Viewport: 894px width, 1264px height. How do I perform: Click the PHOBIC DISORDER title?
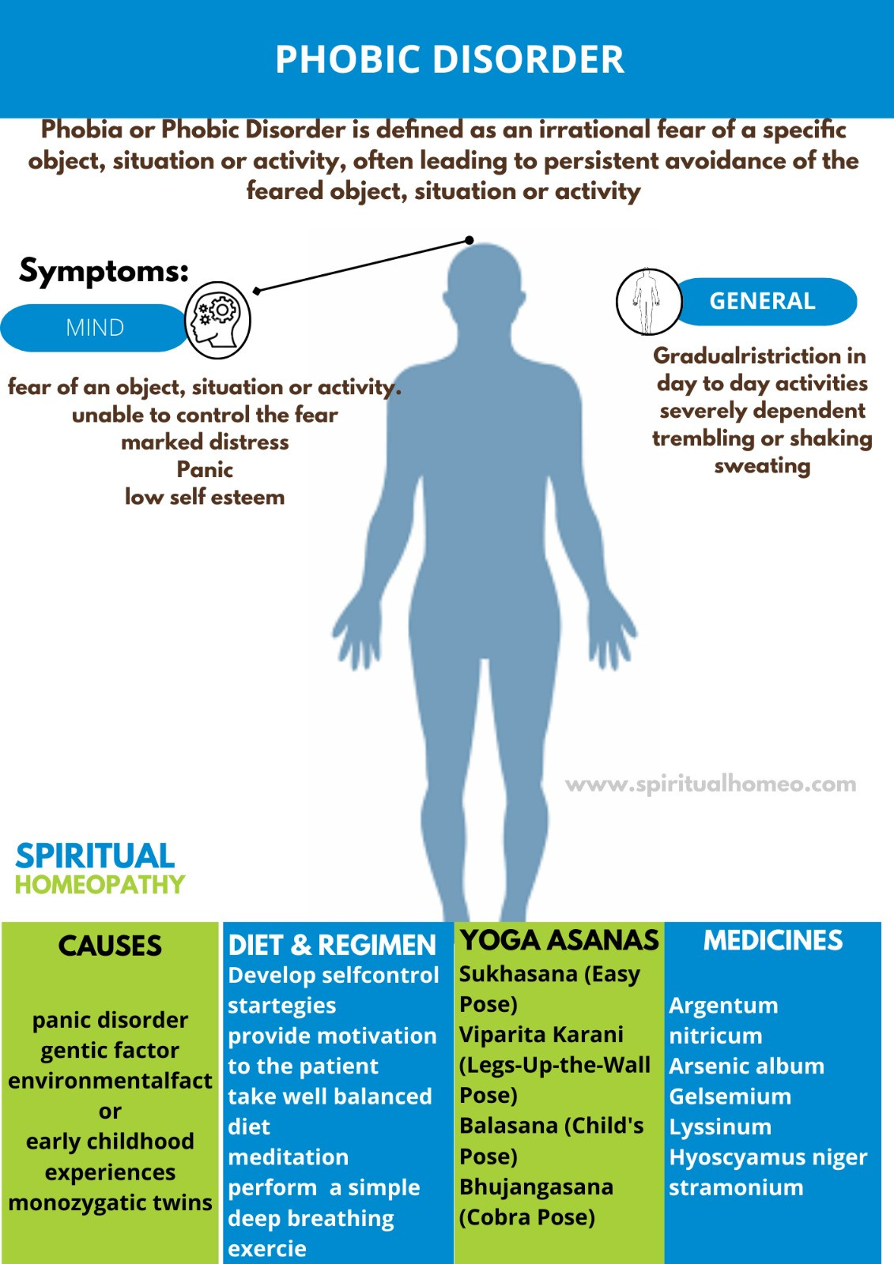coord(450,59)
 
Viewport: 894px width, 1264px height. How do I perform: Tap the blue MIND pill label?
coord(95,328)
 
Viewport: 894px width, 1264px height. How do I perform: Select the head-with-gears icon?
coord(218,320)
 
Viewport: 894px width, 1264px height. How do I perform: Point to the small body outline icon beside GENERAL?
coord(648,302)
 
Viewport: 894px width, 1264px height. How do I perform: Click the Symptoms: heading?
coord(104,271)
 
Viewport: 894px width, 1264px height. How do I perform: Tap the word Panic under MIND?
coord(205,469)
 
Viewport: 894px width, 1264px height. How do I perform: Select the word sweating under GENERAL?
coord(763,467)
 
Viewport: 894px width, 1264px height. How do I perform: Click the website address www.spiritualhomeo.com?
coord(711,784)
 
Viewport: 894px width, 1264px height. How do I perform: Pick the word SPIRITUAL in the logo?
coord(95,856)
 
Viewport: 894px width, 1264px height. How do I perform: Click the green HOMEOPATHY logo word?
coord(100,884)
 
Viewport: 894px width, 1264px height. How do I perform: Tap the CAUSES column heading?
coord(110,946)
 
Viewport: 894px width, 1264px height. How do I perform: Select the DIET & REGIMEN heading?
coord(332,945)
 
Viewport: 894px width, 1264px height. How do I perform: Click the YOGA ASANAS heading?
coord(560,940)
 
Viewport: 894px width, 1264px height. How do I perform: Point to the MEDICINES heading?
coord(772,941)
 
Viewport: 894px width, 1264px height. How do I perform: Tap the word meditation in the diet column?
coord(288,1157)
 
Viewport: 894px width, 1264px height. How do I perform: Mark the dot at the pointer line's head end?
coord(470,240)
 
